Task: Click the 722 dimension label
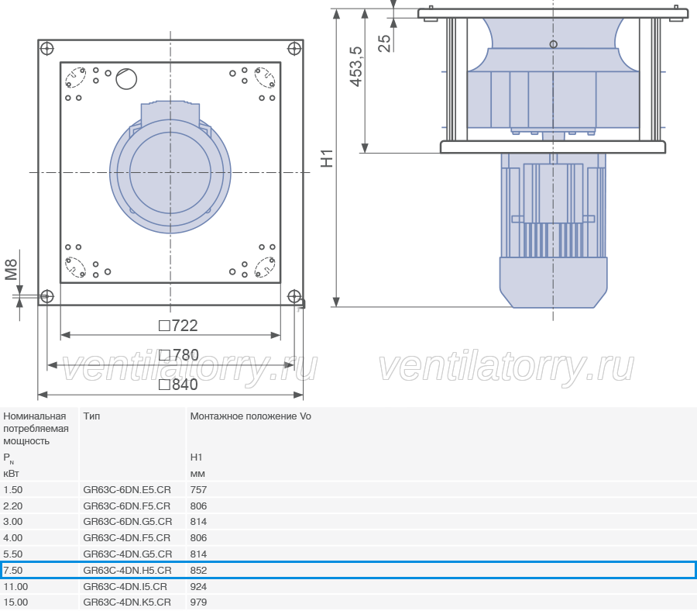pyautogui.click(x=178, y=326)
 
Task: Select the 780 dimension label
pyautogui.click(x=179, y=355)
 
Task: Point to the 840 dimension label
pyautogui.click(x=178, y=385)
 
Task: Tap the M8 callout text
pyautogui.click(x=11, y=270)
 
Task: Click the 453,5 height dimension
pyautogui.click(x=356, y=67)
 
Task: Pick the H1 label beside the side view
pyautogui.click(x=327, y=158)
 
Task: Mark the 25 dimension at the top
pyautogui.click(x=384, y=43)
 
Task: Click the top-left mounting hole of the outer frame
pyautogui.click(x=46, y=49)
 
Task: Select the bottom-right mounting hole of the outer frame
pyautogui.click(x=294, y=296)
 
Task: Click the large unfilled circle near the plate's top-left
pyautogui.click(x=126, y=79)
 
